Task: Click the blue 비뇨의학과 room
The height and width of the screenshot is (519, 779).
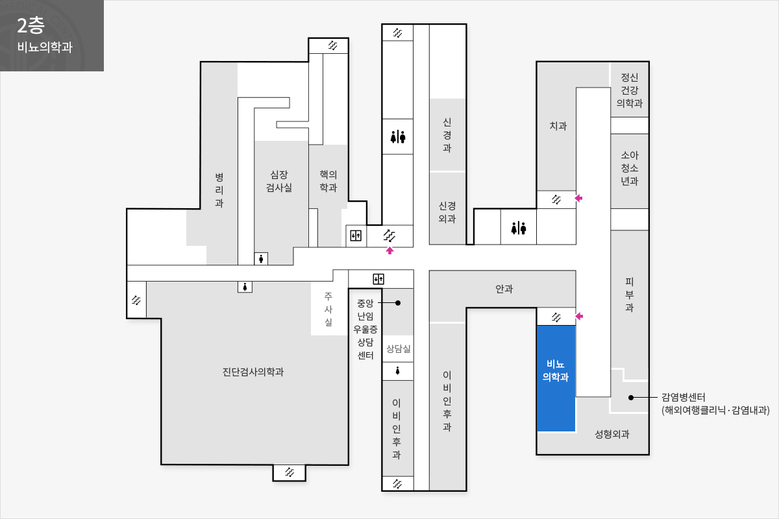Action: tap(556, 378)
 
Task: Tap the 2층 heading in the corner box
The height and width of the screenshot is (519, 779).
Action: tap(31, 25)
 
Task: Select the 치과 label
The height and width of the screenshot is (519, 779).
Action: tap(558, 125)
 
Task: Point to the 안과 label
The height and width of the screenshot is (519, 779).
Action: tap(504, 289)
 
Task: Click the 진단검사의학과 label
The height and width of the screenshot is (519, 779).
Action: tap(253, 372)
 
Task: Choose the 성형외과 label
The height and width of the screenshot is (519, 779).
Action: tap(612, 434)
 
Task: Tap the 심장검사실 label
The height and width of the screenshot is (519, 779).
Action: tap(279, 181)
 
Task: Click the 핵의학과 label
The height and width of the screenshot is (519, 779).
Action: tap(328, 181)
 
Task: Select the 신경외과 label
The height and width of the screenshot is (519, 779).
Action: tap(447, 212)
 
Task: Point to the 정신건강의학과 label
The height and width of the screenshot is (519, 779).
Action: tap(630, 90)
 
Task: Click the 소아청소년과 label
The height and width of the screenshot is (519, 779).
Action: tap(630, 168)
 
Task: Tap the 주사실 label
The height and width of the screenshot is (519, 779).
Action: tap(328, 309)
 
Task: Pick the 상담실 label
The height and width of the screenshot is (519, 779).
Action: tap(398, 348)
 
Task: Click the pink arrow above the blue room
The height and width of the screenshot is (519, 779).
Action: tap(579, 316)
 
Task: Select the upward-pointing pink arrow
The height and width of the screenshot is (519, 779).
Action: tap(389, 250)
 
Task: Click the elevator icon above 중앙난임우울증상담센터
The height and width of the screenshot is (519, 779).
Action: tap(378, 279)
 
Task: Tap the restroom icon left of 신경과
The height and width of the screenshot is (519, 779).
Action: tap(398, 137)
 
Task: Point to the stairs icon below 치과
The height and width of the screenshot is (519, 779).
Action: tap(556, 200)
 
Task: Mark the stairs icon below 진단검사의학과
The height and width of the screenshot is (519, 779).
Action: tap(290, 472)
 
